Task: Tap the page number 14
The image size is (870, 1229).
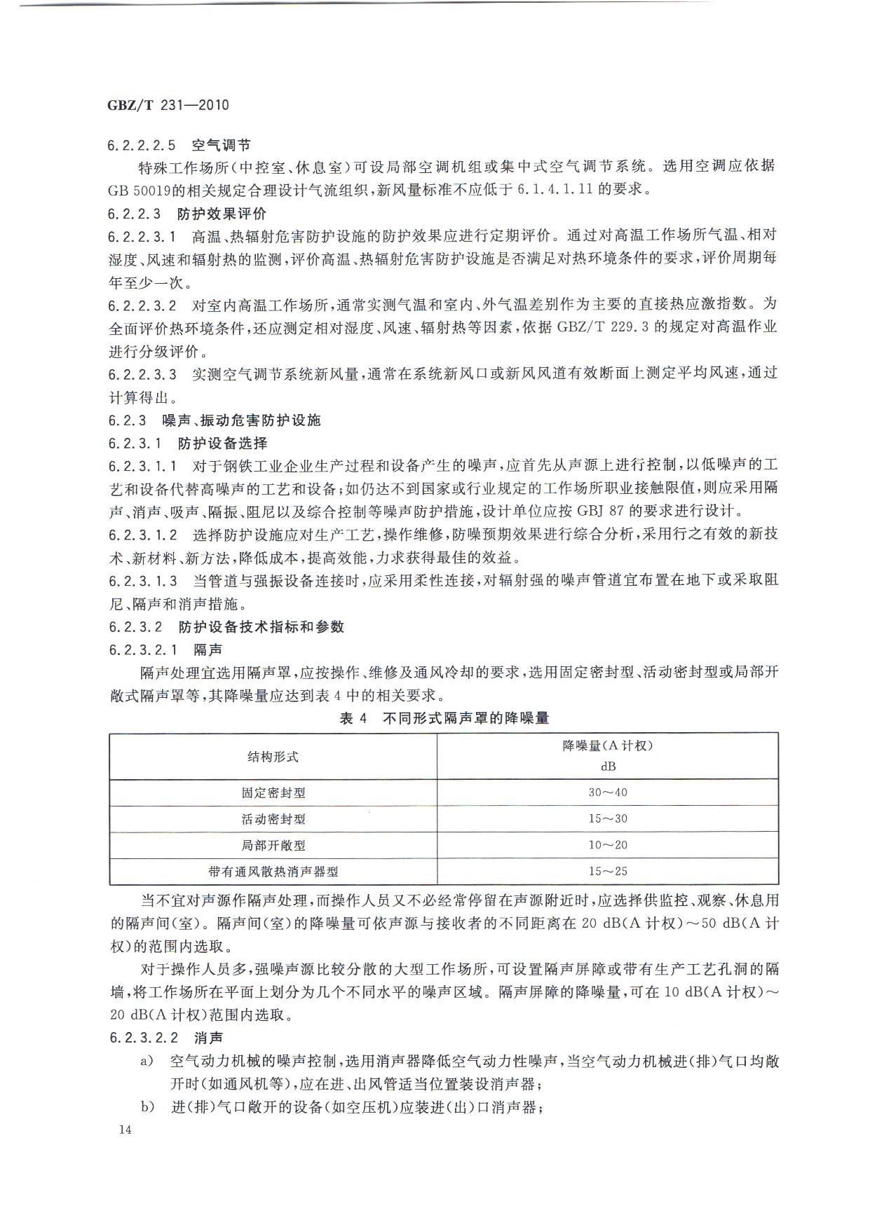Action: tap(126, 1129)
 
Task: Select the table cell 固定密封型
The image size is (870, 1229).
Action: tap(273, 793)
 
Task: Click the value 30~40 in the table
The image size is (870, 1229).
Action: tap(607, 792)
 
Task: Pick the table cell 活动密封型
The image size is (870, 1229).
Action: tap(273, 819)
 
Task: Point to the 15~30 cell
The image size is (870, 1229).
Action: tap(607, 818)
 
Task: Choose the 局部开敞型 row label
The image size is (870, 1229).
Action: tap(273, 845)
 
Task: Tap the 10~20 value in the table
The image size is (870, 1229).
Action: tap(607, 844)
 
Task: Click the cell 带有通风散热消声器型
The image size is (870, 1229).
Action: tap(273, 872)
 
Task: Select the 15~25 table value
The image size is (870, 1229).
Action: tap(607, 871)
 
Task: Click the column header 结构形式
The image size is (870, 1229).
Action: tap(273, 756)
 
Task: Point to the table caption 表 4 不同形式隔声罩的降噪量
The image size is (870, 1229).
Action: tap(444, 718)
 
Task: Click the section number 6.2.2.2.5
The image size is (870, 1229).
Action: tap(141, 146)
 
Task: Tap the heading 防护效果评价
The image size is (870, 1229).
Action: tap(222, 213)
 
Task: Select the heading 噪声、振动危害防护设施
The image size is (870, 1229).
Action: tap(240, 420)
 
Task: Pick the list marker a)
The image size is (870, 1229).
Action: tap(147, 1062)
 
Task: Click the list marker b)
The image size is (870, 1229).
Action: tap(147, 1106)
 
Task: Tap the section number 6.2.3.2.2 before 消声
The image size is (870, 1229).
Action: tap(144, 1037)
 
